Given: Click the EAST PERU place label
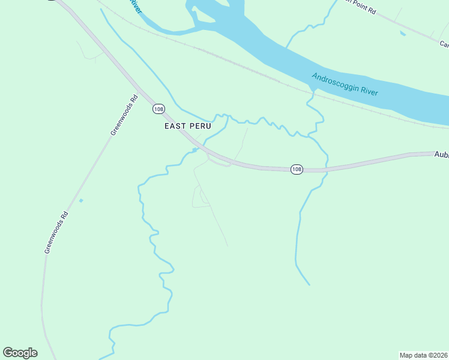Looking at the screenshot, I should pyautogui.click(x=188, y=127).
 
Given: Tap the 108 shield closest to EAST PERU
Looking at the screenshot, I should pyautogui.click(x=158, y=109).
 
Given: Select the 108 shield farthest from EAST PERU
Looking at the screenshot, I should pyautogui.click(x=297, y=170).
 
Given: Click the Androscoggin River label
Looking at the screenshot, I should pyautogui.click(x=345, y=85).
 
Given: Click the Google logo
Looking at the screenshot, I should pyautogui.click(x=20, y=353).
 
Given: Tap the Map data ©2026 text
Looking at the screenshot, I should pyautogui.click(x=424, y=355).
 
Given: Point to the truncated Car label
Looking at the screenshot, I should pyautogui.click(x=444, y=44).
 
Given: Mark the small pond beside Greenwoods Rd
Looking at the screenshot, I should pyautogui.click(x=80, y=200).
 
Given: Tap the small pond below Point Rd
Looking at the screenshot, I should pyautogui.click(x=403, y=33).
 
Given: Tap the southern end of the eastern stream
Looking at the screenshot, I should pyautogui.click(x=309, y=284).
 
